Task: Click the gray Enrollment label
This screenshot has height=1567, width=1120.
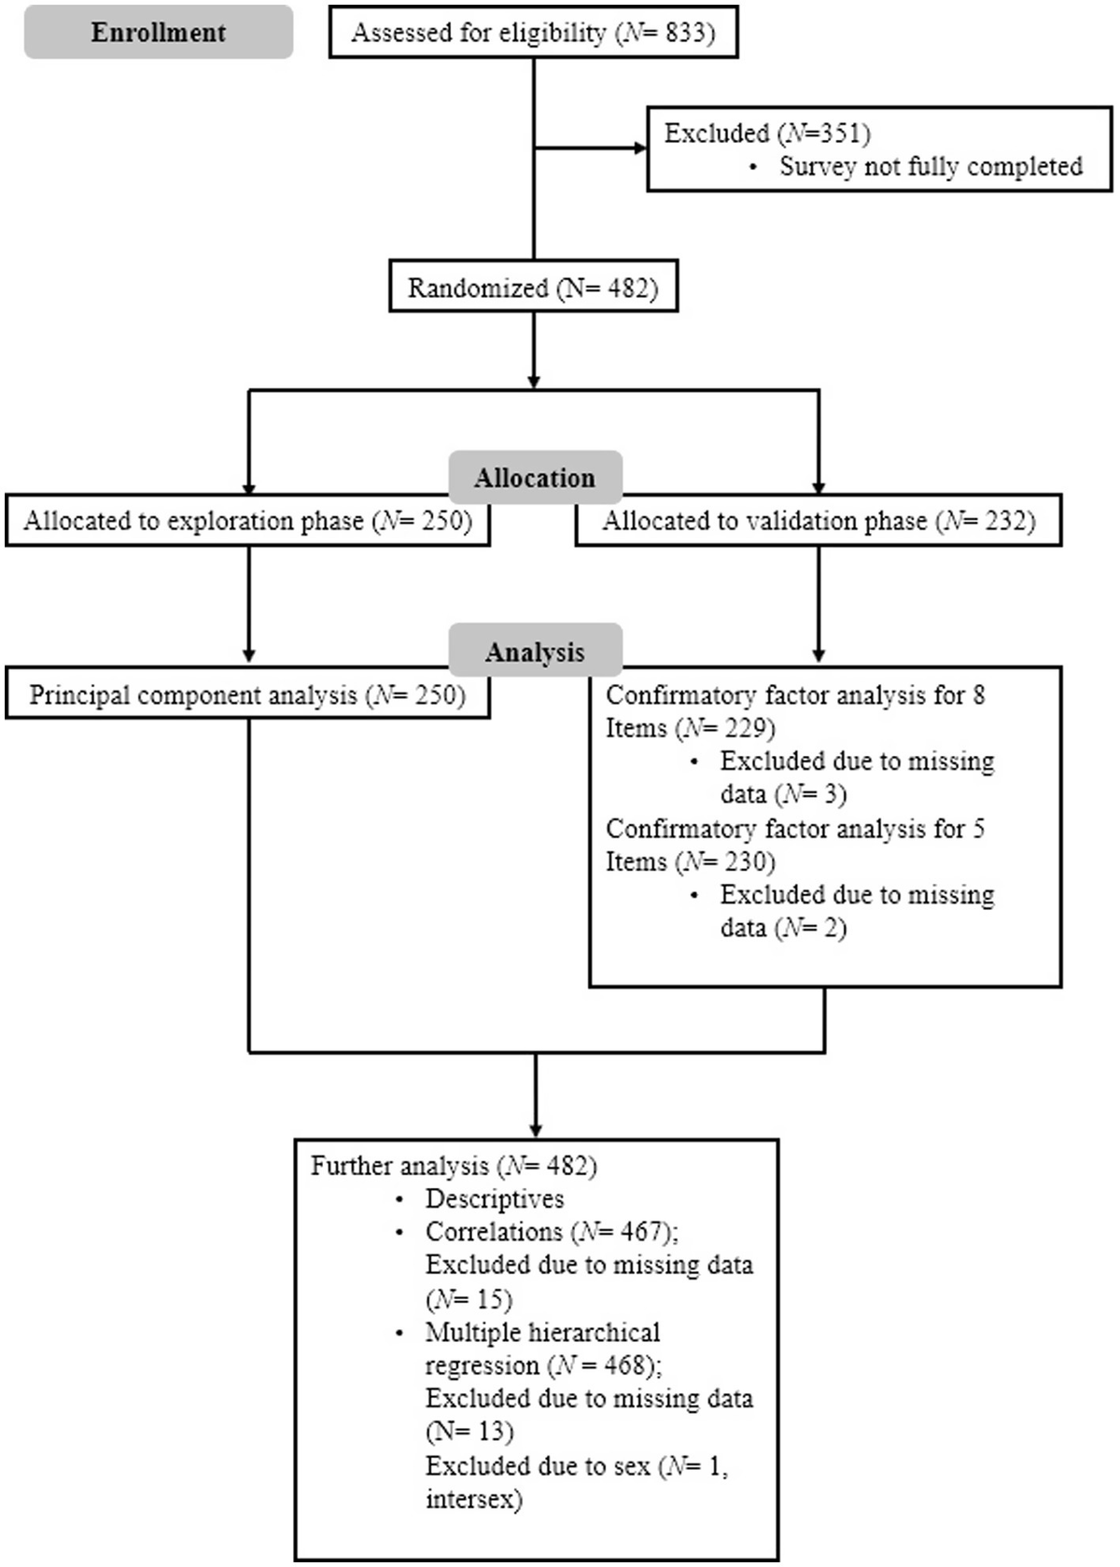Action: coord(158,33)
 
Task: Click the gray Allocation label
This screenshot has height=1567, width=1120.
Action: coord(534,478)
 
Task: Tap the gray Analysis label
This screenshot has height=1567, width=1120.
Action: coord(534,651)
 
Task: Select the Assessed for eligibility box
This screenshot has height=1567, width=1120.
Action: coord(533,34)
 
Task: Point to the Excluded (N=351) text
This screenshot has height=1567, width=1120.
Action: coord(766,133)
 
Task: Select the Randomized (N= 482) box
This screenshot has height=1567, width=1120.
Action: coord(533,288)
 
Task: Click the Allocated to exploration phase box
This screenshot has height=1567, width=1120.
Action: coord(247,521)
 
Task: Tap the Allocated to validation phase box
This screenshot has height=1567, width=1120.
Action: coord(818,521)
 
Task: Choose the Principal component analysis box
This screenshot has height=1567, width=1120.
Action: coord(247,695)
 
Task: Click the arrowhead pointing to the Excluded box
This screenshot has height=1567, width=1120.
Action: coord(640,148)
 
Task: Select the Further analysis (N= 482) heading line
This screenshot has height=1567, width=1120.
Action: coord(454,1166)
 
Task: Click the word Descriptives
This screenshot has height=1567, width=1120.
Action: coord(495,1199)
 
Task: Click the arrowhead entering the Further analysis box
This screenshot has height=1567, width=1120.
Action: coord(536,1132)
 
